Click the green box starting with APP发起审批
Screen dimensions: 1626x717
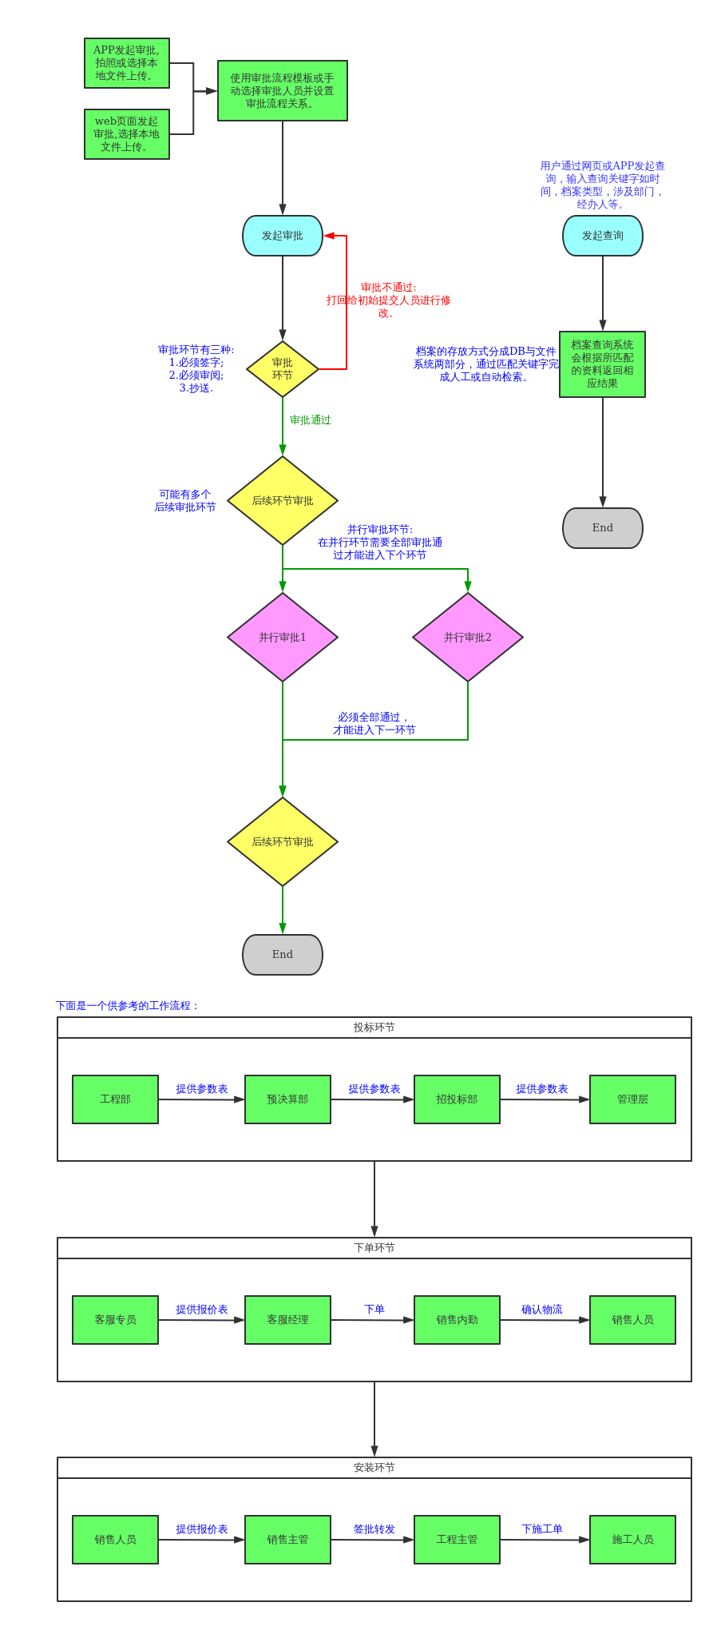[x=127, y=63]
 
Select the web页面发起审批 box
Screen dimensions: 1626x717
[x=127, y=134]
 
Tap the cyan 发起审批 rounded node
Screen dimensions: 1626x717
[x=283, y=236]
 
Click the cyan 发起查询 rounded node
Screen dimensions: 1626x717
[x=603, y=236]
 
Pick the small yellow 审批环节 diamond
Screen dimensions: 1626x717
[x=283, y=369]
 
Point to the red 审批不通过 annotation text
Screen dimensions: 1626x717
[x=388, y=300]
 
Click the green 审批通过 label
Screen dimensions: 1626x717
[x=310, y=420]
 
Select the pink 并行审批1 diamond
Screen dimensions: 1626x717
[x=283, y=637]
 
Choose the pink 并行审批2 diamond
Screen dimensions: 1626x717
[x=468, y=637]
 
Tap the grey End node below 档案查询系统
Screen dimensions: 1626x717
[x=603, y=528]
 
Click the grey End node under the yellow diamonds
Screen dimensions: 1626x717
[x=283, y=955]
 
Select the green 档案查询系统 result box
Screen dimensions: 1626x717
[x=603, y=364]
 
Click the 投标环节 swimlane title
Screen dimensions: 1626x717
[x=374, y=1028]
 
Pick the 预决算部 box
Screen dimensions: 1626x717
[x=287, y=1099]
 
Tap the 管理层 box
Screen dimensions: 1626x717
[x=632, y=1099]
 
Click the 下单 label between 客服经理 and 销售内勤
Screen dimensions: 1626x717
[x=374, y=1310]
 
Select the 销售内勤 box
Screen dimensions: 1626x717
[x=457, y=1320]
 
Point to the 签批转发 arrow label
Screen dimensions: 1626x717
[x=374, y=1529]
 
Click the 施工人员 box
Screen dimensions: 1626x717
[x=632, y=1540]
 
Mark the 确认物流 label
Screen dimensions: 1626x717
[x=542, y=1310]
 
